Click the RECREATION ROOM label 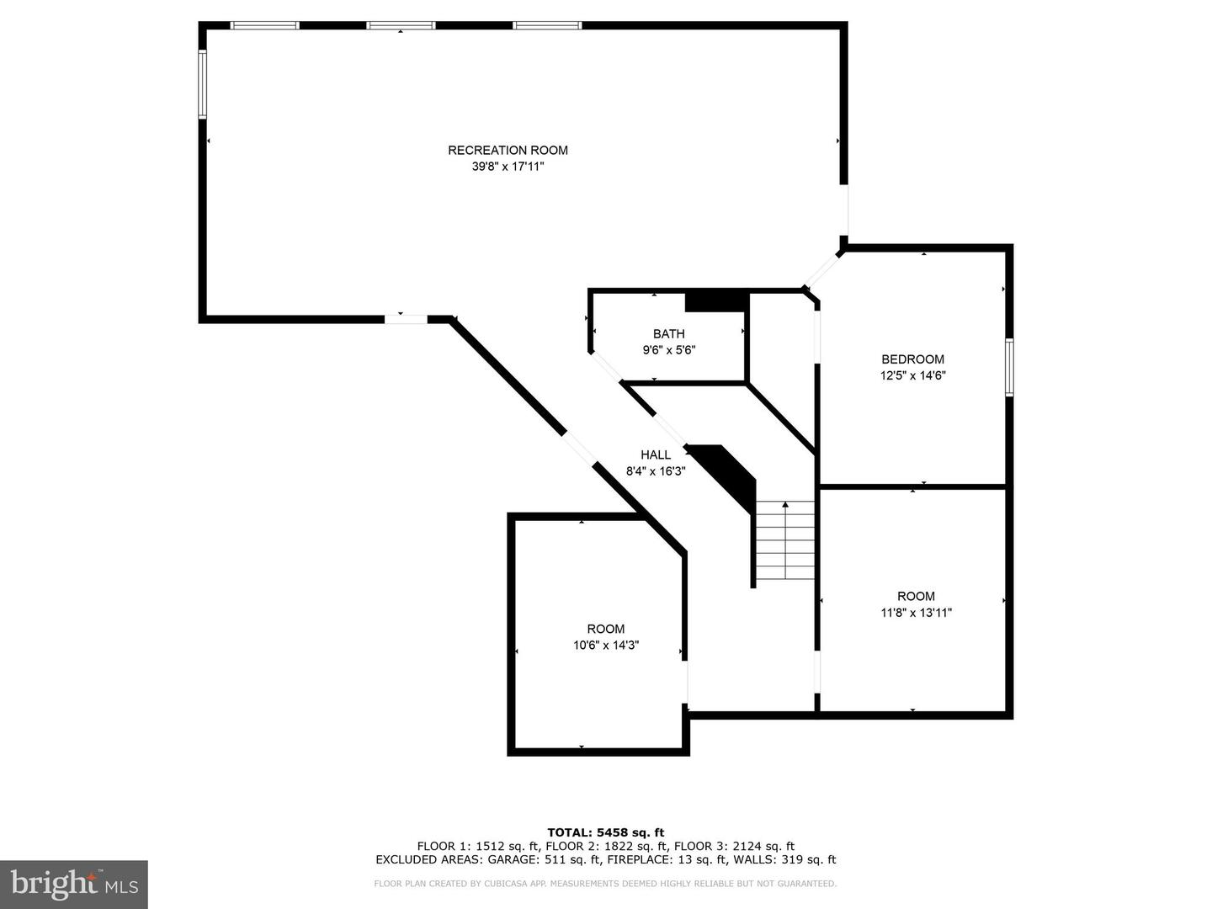508,151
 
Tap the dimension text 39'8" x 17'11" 508,167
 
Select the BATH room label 669,334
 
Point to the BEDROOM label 913,359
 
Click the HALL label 656,455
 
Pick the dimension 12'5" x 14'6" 913,376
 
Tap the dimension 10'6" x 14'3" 606,646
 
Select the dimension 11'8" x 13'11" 916,613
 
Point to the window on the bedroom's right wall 1009,367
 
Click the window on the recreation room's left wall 203,84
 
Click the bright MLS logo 74,884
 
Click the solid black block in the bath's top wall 716,300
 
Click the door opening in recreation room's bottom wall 407,319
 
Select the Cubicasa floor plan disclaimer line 606,884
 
